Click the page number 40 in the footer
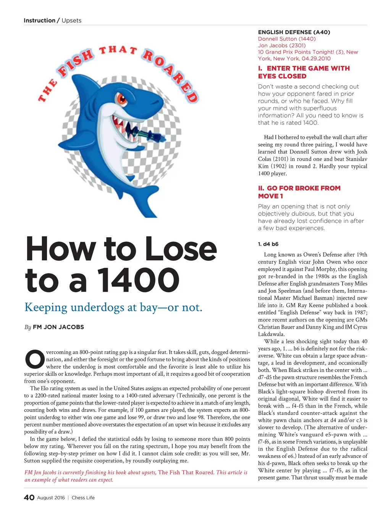click(x=29, y=498)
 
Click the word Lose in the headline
click(x=181, y=249)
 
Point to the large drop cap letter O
click(x=34, y=359)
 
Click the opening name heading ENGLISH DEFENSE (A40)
click(x=294, y=32)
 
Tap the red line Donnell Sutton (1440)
click(x=287, y=39)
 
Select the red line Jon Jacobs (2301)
click(x=282, y=45)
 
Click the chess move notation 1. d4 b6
click(x=268, y=244)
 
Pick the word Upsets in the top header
click(x=71, y=21)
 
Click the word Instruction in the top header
click(x=39, y=21)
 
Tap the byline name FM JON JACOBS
click(x=58, y=327)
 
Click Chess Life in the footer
click(x=83, y=498)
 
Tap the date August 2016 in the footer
click(x=51, y=498)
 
